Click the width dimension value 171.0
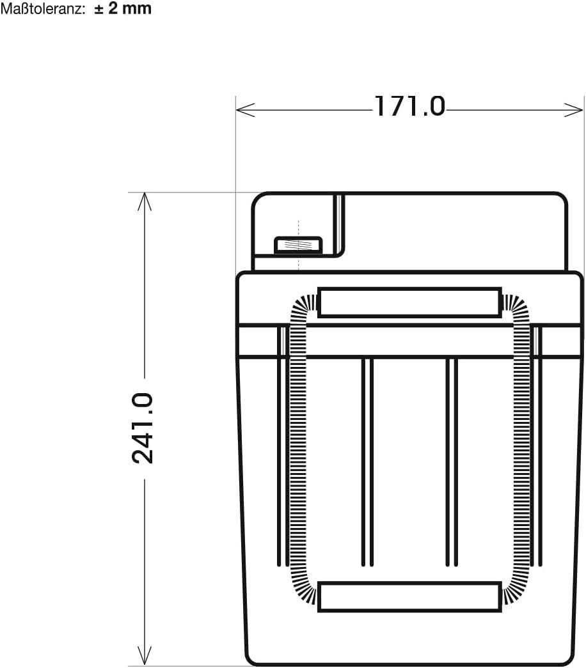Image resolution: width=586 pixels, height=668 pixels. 410,107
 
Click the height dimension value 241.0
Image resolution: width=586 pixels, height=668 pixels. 143,428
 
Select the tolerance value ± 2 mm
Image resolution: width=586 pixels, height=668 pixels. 123,8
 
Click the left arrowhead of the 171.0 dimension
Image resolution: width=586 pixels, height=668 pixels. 245,110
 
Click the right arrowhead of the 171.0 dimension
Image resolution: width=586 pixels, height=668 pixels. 574,110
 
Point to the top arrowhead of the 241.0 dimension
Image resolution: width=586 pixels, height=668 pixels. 145,201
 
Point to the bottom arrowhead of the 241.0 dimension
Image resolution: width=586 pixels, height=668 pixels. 145,656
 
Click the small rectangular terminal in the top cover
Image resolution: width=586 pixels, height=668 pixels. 298,245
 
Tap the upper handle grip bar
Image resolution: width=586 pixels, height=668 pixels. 409,302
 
